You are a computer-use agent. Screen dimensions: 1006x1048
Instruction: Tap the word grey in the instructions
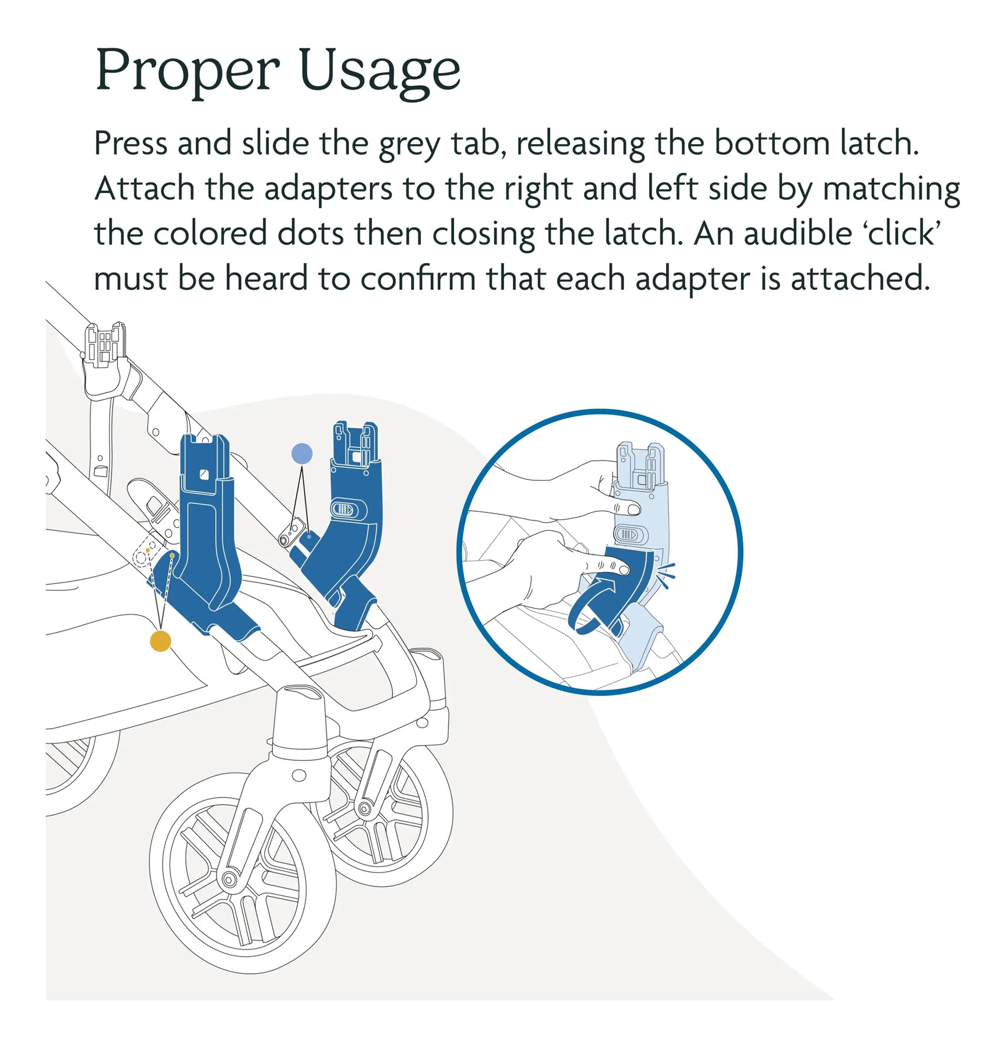point(410,145)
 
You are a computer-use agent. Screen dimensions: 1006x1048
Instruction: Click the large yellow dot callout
point(160,641)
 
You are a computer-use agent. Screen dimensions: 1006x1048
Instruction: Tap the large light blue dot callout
point(302,454)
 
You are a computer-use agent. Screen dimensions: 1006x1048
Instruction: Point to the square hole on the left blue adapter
point(204,474)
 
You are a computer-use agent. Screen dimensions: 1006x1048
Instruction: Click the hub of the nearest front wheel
point(228,879)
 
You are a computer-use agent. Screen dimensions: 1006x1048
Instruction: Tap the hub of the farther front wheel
point(364,808)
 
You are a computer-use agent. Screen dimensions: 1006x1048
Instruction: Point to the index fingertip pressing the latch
point(621,570)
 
